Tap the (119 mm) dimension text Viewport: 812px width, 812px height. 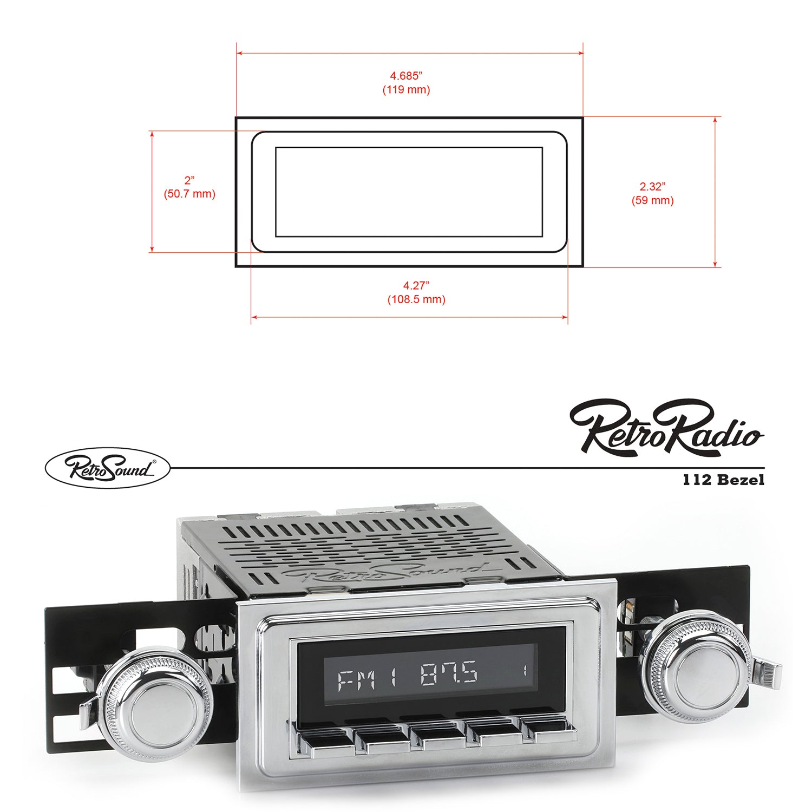[406, 89]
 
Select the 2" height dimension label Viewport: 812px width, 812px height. [189, 180]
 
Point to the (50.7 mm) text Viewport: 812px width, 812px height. [189, 194]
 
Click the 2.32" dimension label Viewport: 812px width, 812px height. [652, 187]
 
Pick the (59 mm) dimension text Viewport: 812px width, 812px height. [652, 201]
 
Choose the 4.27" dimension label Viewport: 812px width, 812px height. [416, 285]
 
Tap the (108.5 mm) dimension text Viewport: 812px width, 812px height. [416, 299]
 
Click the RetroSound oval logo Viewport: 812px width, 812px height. [107, 468]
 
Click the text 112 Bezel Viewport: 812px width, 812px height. [723, 480]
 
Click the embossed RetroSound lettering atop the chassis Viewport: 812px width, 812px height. [384, 572]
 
